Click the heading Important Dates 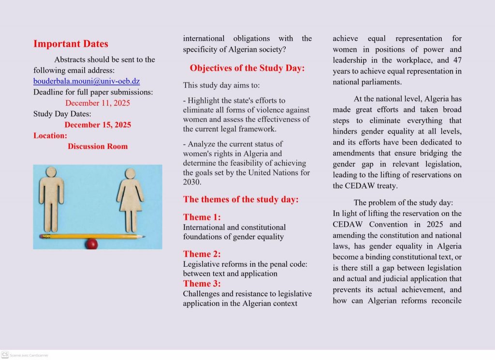pyautogui.click(x=71, y=44)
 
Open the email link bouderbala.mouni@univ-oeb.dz pyautogui.click(x=87, y=81)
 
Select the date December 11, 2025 pyautogui.click(x=97, y=103)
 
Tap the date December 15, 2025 pyautogui.click(x=97, y=125)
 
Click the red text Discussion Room pyautogui.click(x=98, y=146)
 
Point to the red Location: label pyautogui.click(x=50, y=136)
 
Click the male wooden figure pyautogui.click(x=52, y=198)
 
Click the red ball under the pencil pyautogui.click(x=91, y=244)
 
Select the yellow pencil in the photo pyautogui.click(x=92, y=237)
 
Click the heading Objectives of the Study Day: pyautogui.click(x=247, y=68)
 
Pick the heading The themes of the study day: pyautogui.click(x=241, y=199)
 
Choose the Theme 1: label pyautogui.click(x=202, y=217)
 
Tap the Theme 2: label pyautogui.click(x=202, y=254)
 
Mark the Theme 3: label pyautogui.click(x=202, y=283)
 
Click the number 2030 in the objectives pyautogui.click(x=192, y=182)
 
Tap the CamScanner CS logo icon pyautogui.click(x=5, y=355)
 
